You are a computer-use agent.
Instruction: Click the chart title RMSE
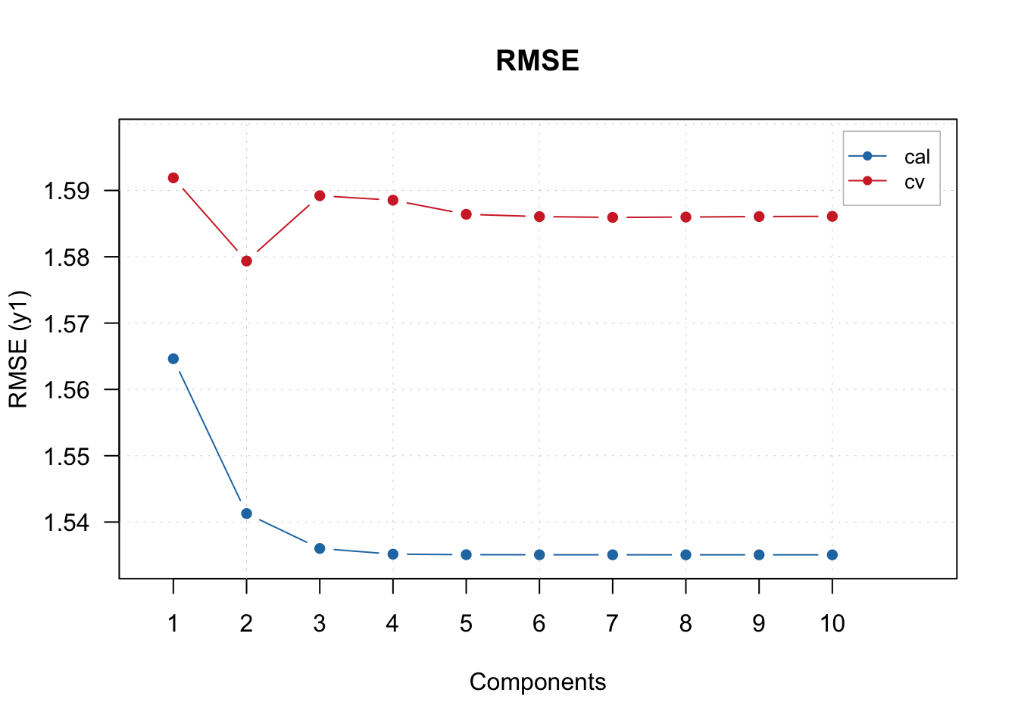point(537,61)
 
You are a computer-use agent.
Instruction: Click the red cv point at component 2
point(246,261)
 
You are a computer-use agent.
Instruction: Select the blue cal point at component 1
point(173,359)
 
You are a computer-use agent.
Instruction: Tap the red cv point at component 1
point(173,178)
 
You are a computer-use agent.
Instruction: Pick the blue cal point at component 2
point(246,513)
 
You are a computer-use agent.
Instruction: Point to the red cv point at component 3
point(320,196)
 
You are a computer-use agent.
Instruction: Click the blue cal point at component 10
point(832,555)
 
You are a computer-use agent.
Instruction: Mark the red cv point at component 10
point(832,217)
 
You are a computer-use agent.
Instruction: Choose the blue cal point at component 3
point(320,548)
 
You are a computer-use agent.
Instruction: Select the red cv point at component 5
point(466,214)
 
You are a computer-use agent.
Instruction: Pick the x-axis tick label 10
point(832,624)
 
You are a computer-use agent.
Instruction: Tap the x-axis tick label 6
point(539,624)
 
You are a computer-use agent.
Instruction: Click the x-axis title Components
point(538,682)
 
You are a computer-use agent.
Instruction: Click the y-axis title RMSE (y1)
point(19,349)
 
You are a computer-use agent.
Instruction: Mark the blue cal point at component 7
point(613,555)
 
